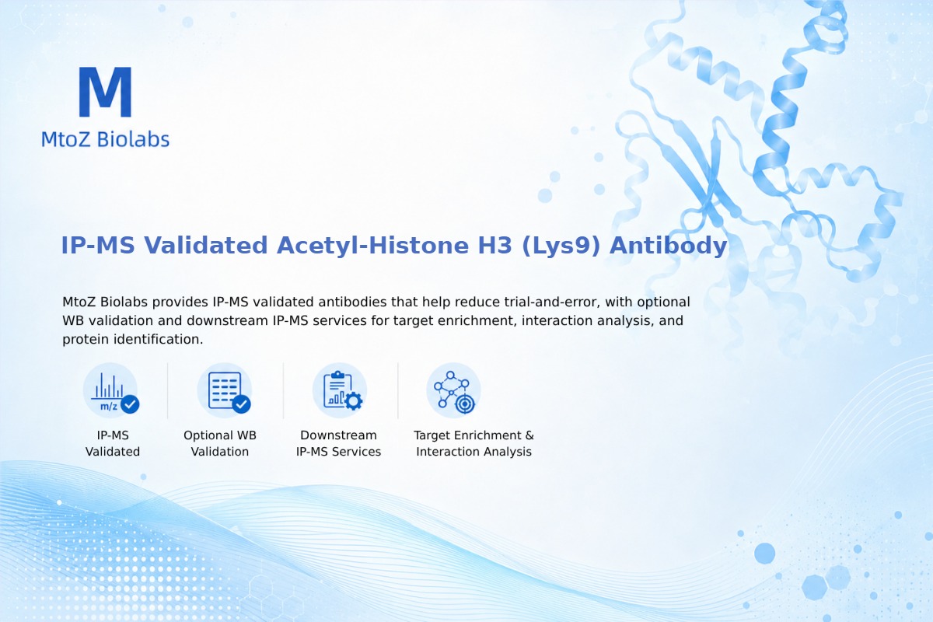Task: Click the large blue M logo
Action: [105, 92]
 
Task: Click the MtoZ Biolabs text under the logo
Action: [105, 139]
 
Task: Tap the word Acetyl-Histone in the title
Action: [372, 245]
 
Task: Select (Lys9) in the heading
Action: [561, 246]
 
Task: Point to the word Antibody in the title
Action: [668, 246]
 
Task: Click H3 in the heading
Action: [494, 245]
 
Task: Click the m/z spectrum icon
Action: [110, 391]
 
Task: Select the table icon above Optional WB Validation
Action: [225, 391]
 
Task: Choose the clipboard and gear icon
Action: [340, 391]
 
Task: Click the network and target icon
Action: [453, 391]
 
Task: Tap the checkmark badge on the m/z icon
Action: [130, 404]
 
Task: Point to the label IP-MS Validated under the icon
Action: [113, 443]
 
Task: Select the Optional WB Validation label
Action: [220, 443]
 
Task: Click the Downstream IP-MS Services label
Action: [339, 443]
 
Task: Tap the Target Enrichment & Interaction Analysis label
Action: [474, 443]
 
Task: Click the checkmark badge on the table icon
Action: [241, 404]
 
